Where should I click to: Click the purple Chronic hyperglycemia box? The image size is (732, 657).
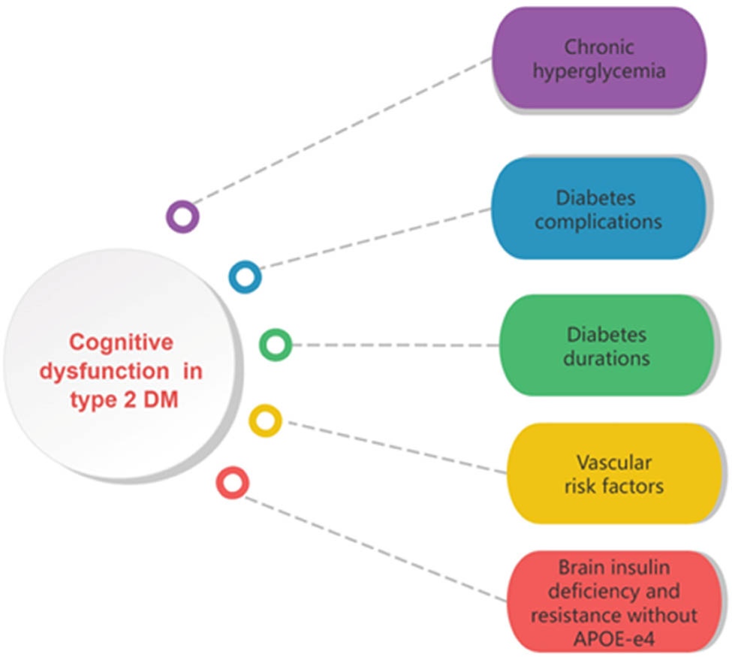(x=598, y=59)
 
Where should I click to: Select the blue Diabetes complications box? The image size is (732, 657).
(x=598, y=209)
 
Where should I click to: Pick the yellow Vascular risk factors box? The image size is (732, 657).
(x=613, y=473)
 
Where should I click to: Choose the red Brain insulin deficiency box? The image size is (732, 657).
(x=613, y=601)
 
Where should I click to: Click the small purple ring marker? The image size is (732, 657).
(x=182, y=217)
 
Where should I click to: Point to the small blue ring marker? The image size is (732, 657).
(x=245, y=277)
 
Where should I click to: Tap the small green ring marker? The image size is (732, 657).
(x=276, y=345)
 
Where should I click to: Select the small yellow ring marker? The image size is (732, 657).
(x=265, y=420)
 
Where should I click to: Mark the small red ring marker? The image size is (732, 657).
(x=233, y=482)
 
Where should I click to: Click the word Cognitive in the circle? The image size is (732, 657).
(x=121, y=342)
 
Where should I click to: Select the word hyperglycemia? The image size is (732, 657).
(x=598, y=71)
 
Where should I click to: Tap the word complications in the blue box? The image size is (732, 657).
(x=598, y=222)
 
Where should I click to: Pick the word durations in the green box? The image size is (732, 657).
(x=607, y=357)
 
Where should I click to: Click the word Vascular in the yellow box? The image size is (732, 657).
(x=613, y=460)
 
